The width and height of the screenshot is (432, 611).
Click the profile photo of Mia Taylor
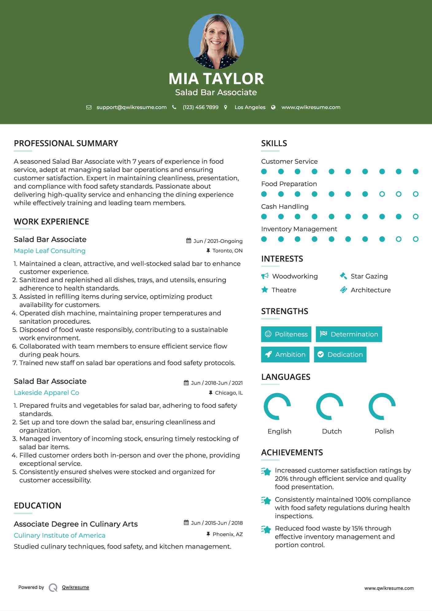216,41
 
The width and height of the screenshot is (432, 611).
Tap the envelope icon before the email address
89,107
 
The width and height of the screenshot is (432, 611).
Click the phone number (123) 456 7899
200,107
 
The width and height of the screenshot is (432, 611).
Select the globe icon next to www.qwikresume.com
273,107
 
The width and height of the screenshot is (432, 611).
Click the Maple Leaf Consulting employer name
50,251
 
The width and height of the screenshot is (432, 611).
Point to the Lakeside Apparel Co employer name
46,393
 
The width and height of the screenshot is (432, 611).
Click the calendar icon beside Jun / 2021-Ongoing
189,241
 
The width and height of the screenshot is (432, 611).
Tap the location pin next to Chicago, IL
211,393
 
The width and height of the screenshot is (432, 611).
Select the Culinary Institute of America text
60,535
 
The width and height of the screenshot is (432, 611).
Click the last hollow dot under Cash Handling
415,217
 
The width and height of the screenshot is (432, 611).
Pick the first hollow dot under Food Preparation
382,194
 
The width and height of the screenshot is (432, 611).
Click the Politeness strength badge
286,334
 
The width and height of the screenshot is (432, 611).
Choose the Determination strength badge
349,334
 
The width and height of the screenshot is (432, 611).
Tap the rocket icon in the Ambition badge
268,354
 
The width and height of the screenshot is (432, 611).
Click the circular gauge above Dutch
329,406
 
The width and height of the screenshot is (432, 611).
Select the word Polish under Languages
384,431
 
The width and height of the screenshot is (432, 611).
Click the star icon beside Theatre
265,290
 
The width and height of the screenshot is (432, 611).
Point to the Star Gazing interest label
369,276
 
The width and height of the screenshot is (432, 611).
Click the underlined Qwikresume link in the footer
76,587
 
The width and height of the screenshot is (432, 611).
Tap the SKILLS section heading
274,143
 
